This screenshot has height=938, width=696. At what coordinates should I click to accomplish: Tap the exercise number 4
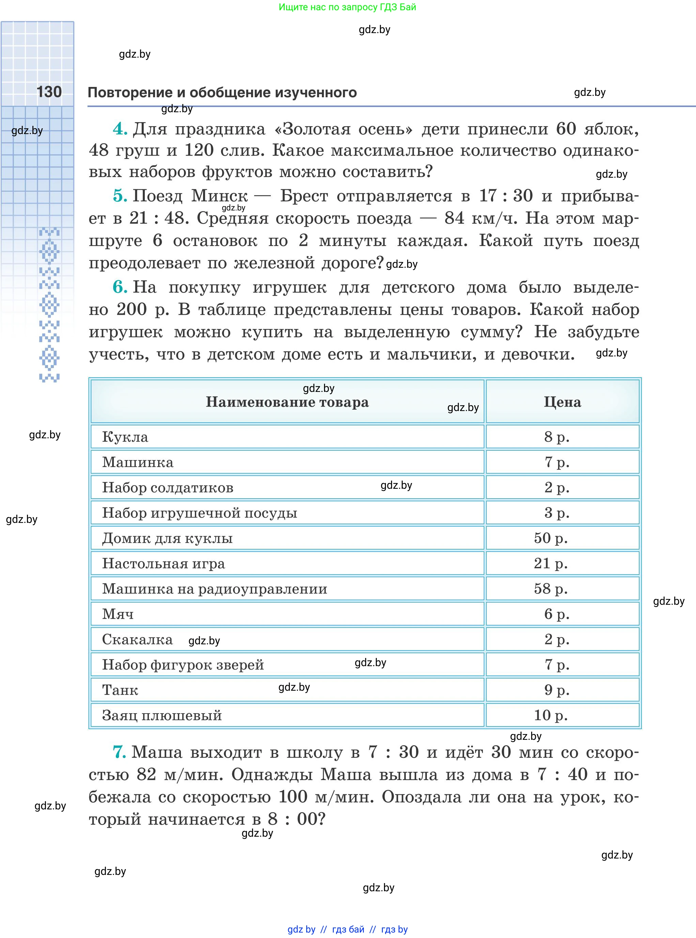(x=120, y=128)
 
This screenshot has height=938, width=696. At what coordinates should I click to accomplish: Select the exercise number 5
(x=120, y=196)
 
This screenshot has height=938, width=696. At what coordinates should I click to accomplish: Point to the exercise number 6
(x=120, y=287)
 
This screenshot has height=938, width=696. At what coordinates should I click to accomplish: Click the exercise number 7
(x=119, y=752)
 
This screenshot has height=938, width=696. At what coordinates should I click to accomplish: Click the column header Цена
(x=562, y=402)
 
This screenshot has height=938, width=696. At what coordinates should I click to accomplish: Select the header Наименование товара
(x=287, y=402)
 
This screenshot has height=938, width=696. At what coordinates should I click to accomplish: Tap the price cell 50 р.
(x=551, y=538)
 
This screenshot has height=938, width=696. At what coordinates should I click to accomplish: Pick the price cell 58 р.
(x=551, y=588)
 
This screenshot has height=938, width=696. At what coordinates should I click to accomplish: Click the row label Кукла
(x=125, y=437)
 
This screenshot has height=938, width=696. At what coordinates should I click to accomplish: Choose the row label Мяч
(x=118, y=614)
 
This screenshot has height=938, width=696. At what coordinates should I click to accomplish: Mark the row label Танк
(x=120, y=690)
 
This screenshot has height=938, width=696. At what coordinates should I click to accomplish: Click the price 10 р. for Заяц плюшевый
(x=551, y=715)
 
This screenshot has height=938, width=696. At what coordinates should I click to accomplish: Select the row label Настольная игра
(x=164, y=563)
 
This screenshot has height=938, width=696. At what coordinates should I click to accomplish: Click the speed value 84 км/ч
(x=481, y=218)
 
